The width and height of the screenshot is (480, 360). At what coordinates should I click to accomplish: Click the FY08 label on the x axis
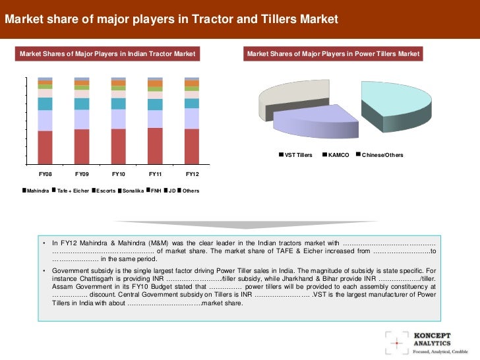click(x=45, y=174)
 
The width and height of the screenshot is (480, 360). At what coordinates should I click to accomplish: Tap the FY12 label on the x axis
click(x=192, y=174)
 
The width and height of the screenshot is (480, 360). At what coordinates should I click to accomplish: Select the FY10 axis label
click(x=119, y=174)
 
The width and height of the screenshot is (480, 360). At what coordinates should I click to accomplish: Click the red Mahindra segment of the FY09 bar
click(x=82, y=146)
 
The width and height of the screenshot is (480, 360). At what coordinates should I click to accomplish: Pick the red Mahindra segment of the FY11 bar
click(x=155, y=146)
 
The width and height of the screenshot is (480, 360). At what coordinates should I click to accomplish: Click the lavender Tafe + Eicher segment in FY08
click(x=45, y=120)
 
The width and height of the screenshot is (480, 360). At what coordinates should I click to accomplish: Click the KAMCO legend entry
click(x=338, y=155)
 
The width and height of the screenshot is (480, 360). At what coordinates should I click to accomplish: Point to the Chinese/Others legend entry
click(x=382, y=155)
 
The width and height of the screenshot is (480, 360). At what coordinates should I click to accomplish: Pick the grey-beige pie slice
click(x=280, y=99)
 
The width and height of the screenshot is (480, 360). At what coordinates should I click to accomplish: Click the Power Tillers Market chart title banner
click(x=333, y=53)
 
